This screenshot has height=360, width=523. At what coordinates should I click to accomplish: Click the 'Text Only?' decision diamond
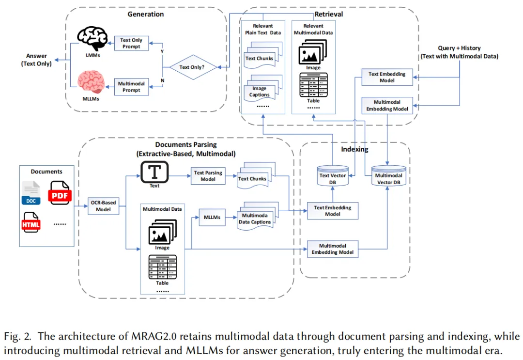pos(193,67)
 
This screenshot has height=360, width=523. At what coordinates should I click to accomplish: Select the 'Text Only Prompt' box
pos(131,44)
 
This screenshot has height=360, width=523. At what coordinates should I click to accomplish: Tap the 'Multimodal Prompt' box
pos(131,87)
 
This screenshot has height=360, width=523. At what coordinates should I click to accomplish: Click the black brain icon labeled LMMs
pos(92,38)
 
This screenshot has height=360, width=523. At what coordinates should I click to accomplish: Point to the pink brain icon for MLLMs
pos(91,82)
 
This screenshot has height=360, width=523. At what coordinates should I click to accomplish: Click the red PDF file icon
pos(60,193)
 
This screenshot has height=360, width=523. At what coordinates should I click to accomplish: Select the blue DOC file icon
pos(31,193)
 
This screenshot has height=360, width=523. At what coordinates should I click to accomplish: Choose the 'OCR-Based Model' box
pos(104,206)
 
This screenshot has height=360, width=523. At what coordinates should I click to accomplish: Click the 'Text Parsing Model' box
pos(208,176)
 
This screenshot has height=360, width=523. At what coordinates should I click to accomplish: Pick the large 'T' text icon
pos(154,172)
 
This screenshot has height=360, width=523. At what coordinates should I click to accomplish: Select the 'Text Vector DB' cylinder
pos(333,175)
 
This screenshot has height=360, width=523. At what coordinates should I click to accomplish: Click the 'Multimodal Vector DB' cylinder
pos(388,175)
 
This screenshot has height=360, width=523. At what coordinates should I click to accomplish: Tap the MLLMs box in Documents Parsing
pos(212,218)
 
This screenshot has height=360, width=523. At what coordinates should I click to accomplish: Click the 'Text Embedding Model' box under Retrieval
pos(387,77)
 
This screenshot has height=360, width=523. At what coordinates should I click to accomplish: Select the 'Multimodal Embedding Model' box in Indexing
pos(333,249)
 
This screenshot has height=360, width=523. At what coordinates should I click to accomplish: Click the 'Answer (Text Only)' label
pos(36,60)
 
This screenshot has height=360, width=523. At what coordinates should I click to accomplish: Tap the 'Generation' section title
pos(146,14)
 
